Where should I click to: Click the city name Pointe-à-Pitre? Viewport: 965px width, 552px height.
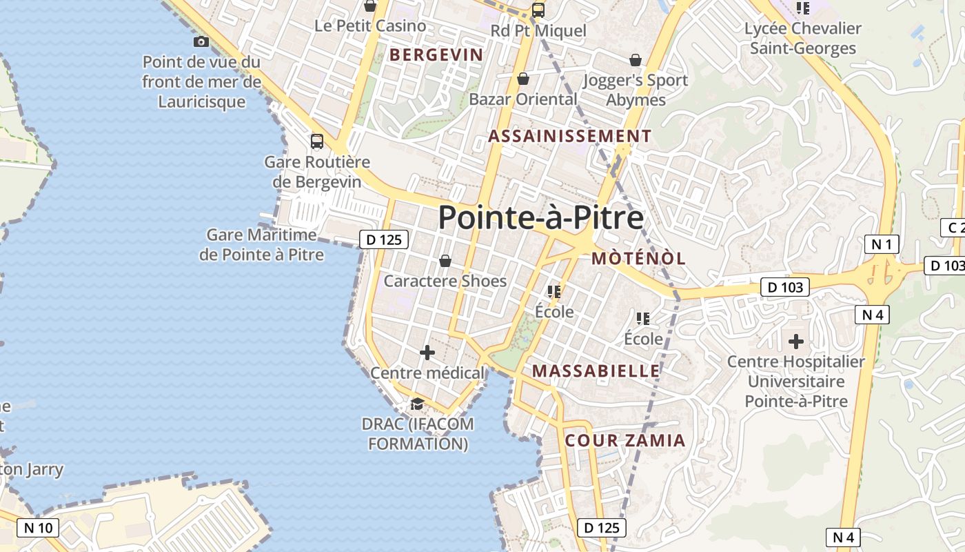pyautogui.click(x=541, y=217)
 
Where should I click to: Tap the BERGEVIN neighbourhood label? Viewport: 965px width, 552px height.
pyautogui.click(x=437, y=55)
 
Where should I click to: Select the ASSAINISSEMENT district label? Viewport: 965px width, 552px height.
pyautogui.click(x=569, y=136)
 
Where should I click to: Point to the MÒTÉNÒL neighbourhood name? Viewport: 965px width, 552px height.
pyautogui.click(x=638, y=258)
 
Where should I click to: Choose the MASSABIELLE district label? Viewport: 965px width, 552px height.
pyautogui.click(x=596, y=371)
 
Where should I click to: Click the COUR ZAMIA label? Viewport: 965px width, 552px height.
pyautogui.click(x=625, y=440)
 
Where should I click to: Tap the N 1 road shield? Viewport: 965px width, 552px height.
pyautogui.click(x=882, y=244)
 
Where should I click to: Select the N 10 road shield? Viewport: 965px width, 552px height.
pyautogui.click(x=38, y=528)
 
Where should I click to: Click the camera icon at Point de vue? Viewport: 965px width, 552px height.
pyautogui.click(x=201, y=42)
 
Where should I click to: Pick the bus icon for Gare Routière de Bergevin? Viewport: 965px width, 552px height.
pyautogui.click(x=317, y=141)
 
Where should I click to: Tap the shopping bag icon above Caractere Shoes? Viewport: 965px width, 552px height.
pyautogui.click(x=445, y=261)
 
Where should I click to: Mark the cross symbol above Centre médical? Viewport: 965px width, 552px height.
pyautogui.click(x=427, y=353)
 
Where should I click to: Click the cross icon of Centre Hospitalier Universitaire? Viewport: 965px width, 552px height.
pyautogui.click(x=796, y=341)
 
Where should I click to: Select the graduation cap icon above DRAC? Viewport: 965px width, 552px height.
pyautogui.click(x=417, y=404)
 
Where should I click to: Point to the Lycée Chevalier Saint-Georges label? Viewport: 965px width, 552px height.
pyautogui.click(x=803, y=39)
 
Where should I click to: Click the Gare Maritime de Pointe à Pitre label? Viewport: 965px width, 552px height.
pyautogui.click(x=262, y=244)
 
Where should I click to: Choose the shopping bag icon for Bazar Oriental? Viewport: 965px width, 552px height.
pyautogui.click(x=523, y=79)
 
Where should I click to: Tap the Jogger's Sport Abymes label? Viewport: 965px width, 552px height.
pyautogui.click(x=636, y=90)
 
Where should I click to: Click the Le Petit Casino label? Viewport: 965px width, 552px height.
pyautogui.click(x=370, y=26)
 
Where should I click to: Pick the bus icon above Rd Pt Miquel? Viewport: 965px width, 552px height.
pyautogui.click(x=538, y=10)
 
